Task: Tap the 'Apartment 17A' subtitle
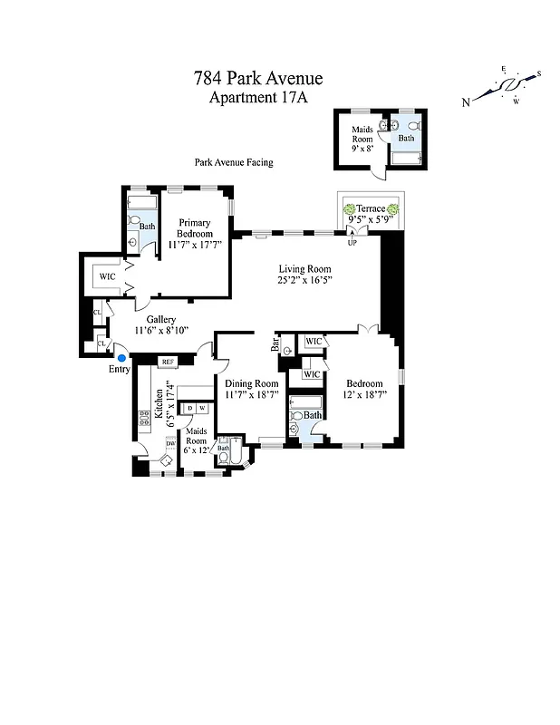pyautogui.click(x=258, y=98)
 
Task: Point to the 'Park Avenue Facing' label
pyautogui.click(x=233, y=163)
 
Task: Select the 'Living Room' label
pyautogui.click(x=304, y=268)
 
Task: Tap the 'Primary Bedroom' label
pyautogui.click(x=194, y=228)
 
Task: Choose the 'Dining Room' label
pyautogui.click(x=251, y=383)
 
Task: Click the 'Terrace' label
pyautogui.click(x=370, y=208)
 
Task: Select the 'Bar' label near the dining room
pyautogui.click(x=274, y=344)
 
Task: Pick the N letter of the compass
pyautogui.click(x=465, y=102)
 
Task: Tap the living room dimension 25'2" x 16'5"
pyautogui.click(x=304, y=280)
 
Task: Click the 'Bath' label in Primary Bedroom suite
pyautogui.click(x=147, y=227)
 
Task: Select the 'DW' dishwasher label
pyautogui.click(x=169, y=443)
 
